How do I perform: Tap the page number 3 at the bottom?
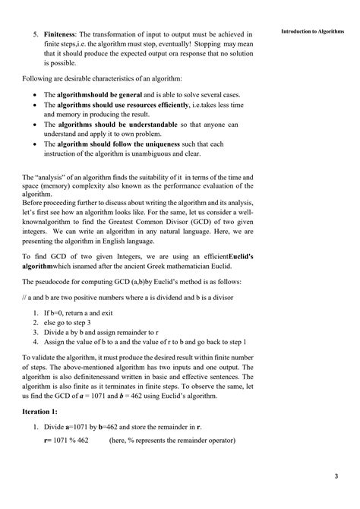[336, 476]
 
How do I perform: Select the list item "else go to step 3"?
[77, 324]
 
